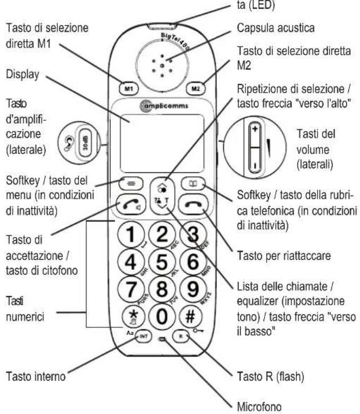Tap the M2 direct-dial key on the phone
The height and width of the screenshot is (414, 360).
pyautogui.click(x=194, y=89)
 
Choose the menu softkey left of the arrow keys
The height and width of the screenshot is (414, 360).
pyautogui.click(x=130, y=185)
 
